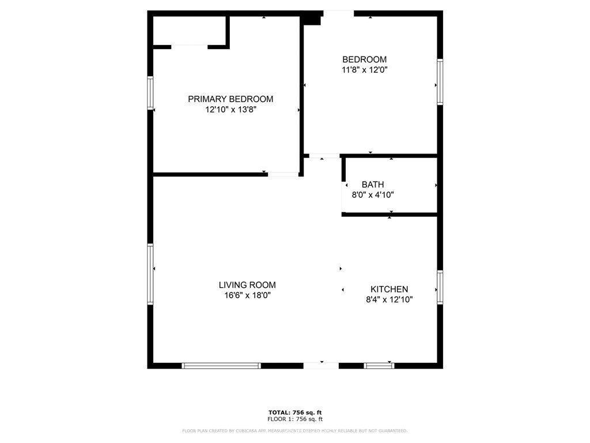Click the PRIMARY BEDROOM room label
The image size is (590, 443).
230,99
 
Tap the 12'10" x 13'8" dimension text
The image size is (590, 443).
230,110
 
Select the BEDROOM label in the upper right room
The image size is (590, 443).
364,59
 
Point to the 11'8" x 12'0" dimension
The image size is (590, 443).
364,70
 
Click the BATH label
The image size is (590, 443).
373,185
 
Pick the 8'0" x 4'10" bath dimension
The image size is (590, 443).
373,195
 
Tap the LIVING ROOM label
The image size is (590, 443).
247,285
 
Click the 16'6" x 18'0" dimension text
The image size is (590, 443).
247,295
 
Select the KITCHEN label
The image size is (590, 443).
389,290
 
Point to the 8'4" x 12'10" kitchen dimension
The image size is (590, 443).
389,300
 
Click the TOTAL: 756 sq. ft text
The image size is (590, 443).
294,412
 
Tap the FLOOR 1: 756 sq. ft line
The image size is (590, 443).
294,419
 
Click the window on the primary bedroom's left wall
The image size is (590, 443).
150,93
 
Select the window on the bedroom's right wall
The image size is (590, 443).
440,81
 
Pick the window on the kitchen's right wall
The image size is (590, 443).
440,287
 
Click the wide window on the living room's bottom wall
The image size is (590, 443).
221,365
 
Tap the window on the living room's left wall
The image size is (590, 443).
150,274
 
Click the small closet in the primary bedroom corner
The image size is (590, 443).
189,30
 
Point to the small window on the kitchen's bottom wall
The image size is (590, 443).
379,365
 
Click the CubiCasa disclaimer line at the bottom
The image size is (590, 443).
294,431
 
